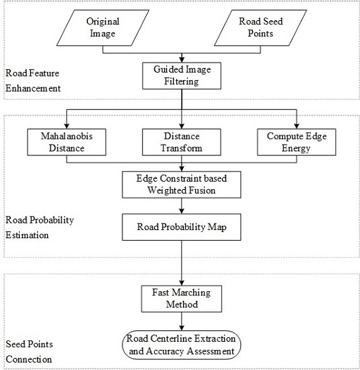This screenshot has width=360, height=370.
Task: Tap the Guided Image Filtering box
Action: coord(180,75)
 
